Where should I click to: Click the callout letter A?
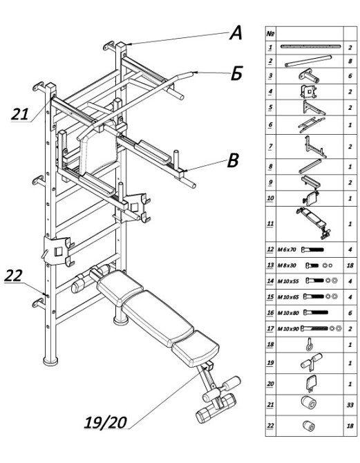point(236,32)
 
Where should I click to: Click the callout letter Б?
point(236,73)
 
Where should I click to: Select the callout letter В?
point(233,160)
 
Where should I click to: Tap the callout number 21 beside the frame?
point(20,114)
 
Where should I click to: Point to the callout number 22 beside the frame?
point(13,276)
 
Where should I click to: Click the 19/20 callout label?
point(106,422)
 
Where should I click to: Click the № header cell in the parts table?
point(270,33)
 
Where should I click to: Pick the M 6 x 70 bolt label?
point(287,249)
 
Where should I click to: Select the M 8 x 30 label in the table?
point(287,265)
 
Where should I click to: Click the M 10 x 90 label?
point(288,328)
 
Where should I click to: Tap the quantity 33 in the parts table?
point(350,405)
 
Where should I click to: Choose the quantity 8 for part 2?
point(350,61)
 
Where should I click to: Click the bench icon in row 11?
point(313,223)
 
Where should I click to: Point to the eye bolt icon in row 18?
point(309,344)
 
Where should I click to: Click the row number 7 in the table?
point(270,147)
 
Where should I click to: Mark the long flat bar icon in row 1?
point(311,46)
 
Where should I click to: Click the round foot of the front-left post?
point(50,361)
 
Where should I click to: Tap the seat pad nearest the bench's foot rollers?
point(196,348)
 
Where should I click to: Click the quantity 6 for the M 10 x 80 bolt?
point(350,313)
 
